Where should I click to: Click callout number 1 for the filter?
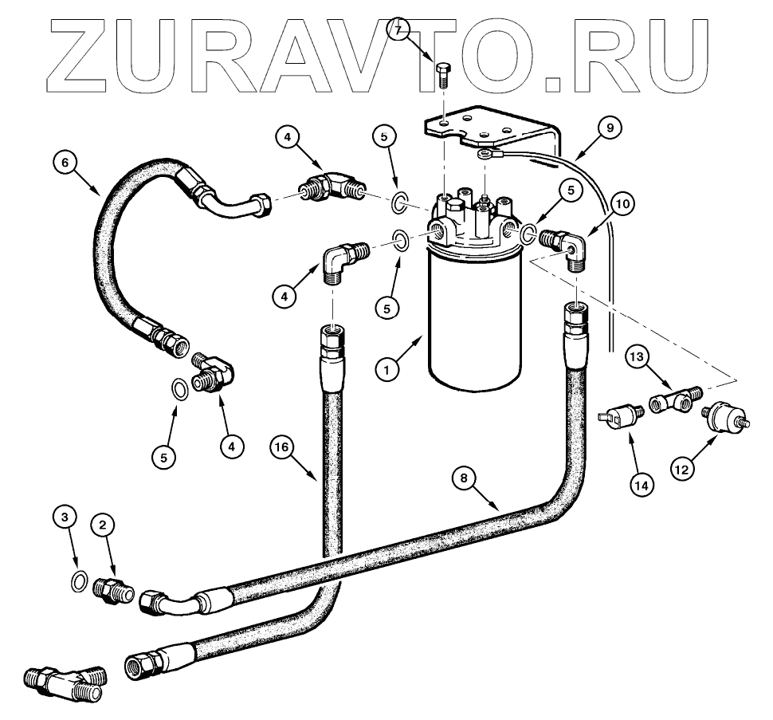388,370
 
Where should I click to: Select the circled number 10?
623,205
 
